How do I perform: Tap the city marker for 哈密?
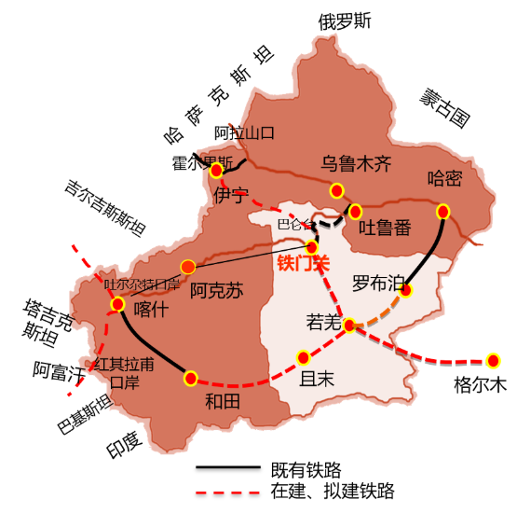[443, 212]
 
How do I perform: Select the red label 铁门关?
[305, 264]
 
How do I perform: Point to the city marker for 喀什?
[118, 303]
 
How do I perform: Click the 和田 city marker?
[191, 378]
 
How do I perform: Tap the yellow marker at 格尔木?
[493, 360]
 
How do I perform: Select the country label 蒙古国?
[445, 107]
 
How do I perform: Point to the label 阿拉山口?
[245, 132]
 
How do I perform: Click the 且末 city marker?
[302, 357]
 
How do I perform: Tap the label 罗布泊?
[378, 282]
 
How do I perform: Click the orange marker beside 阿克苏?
[188, 267]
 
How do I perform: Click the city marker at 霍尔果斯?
[216, 171]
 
